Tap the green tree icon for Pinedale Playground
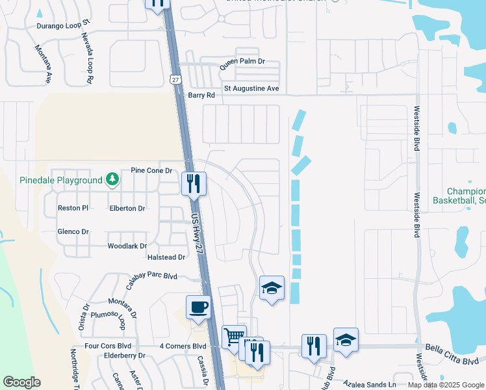pyautogui.click(x=112, y=179)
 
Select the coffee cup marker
pyautogui.click(x=198, y=306)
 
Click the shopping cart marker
pyautogui.click(x=233, y=336)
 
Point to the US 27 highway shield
pyautogui.click(x=175, y=79)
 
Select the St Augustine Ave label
pyautogui.click(x=251, y=88)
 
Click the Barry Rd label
pyautogui.click(x=201, y=95)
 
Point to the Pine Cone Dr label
pyautogui.click(x=151, y=170)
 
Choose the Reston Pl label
pyautogui.click(x=73, y=208)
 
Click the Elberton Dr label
pyautogui.click(x=127, y=208)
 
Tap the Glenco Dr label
pyautogui.click(x=73, y=231)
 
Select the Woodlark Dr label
pyautogui.click(x=127, y=246)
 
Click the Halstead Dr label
pyautogui.click(x=168, y=257)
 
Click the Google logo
pyautogui.click(x=21, y=382)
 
